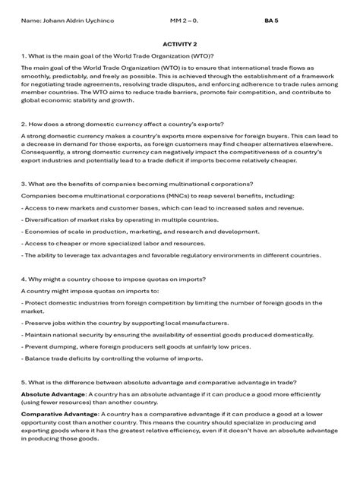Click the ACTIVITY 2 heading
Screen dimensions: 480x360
[x=179, y=44]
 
